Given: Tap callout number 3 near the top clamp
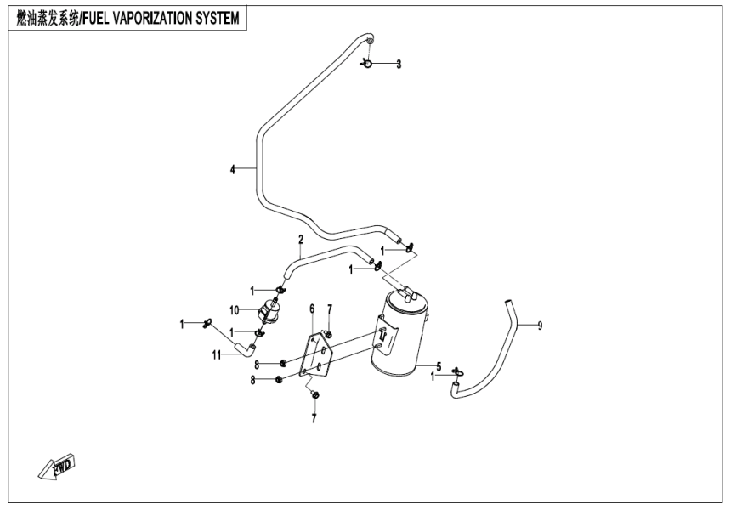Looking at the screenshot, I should (x=399, y=64).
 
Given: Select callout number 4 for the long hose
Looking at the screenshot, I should (x=233, y=169).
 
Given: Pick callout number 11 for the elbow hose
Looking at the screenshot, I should (x=217, y=354).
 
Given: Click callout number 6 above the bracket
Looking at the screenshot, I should (x=312, y=309).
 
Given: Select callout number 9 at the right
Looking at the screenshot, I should (x=539, y=324).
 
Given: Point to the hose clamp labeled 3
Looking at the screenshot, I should (x=368, y=62).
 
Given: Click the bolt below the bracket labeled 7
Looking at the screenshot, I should (x=314, y=394).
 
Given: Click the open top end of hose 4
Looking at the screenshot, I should (x=369, y=38).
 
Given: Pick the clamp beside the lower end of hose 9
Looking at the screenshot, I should (x=459, y=371).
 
